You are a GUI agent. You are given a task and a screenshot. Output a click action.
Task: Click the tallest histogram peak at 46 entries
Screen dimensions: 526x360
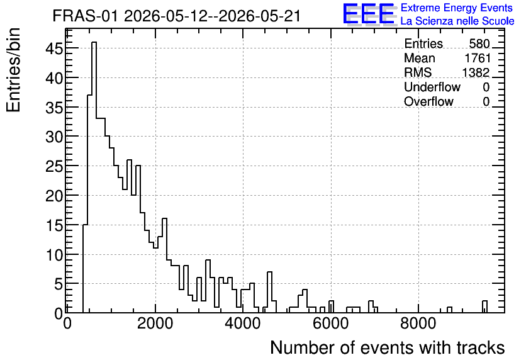(x=94, y=42)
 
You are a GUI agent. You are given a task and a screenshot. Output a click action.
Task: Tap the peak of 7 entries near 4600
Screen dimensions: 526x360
(x=270, y=272)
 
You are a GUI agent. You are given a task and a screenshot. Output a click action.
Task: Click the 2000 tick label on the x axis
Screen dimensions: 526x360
(x=155, y=324)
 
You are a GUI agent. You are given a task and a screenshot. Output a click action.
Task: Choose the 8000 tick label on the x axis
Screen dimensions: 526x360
(x=418, y=324)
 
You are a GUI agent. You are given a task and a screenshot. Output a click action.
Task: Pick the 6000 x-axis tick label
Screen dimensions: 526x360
(x=331, y=324)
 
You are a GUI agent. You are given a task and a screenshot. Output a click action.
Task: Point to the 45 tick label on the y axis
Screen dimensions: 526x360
(x=54, y=49)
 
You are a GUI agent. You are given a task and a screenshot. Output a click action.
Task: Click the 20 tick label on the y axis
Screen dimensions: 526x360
(x=54, y=196)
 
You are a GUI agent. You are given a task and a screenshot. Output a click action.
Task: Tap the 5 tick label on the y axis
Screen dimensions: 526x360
(x=59, y=284)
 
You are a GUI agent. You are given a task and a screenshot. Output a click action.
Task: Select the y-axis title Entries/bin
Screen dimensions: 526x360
(x=13, y=70)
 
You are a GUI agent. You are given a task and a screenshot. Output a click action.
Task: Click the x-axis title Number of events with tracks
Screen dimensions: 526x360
(x=388, y=348)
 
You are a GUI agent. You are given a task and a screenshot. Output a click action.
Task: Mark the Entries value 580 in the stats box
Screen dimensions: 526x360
(x=479, y=44)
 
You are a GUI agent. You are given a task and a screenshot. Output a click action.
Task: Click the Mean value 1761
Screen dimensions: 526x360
(x=478, y=59)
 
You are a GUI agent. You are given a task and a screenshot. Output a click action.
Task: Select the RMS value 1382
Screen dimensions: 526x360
(x=476, y=73)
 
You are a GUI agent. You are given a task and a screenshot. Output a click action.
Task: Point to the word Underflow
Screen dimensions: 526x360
(x=432, y=87)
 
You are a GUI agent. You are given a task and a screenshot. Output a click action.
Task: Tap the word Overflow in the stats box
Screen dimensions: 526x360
(x=428, y=102)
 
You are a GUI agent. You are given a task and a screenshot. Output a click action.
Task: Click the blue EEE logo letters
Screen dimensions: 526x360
(x=369, y=14)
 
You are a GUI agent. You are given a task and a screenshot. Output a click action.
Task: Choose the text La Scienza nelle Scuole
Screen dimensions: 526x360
(x=457, y=21)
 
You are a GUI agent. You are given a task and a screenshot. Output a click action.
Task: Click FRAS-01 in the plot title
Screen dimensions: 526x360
(x=86, y=16)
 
